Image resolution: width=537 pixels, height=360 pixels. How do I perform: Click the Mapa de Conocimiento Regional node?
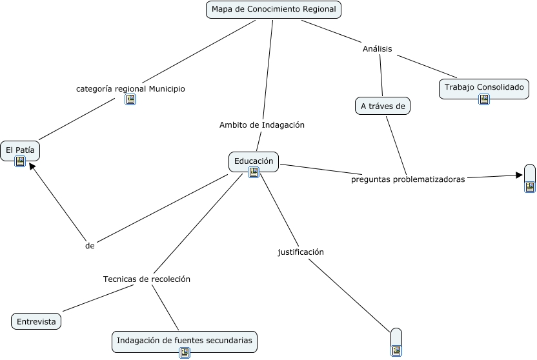274,10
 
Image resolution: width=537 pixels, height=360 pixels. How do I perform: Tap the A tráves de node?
383,106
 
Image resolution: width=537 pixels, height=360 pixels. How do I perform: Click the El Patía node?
20,150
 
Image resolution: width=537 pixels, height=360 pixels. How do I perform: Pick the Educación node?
254,161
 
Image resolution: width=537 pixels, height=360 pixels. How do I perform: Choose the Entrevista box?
36,321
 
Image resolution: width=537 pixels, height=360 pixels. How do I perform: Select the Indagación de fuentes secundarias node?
184,340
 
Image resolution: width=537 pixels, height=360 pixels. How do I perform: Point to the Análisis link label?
378,49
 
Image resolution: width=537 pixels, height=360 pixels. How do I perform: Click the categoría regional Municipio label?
130,89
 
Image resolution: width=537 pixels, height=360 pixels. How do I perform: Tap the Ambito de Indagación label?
262,125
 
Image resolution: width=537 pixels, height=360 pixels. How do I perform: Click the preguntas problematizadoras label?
408,180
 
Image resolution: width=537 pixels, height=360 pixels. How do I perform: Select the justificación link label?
301,252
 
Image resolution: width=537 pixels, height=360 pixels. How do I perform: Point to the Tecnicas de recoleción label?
147,279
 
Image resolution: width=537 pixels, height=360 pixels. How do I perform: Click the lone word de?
90,246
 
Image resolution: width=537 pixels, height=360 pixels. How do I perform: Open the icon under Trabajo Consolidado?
484,99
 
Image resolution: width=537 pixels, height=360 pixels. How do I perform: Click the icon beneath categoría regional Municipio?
130,99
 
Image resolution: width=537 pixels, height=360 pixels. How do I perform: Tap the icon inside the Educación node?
254,172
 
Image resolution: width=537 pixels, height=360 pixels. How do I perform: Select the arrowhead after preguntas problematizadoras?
519,175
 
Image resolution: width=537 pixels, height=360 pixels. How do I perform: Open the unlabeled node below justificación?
396,341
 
